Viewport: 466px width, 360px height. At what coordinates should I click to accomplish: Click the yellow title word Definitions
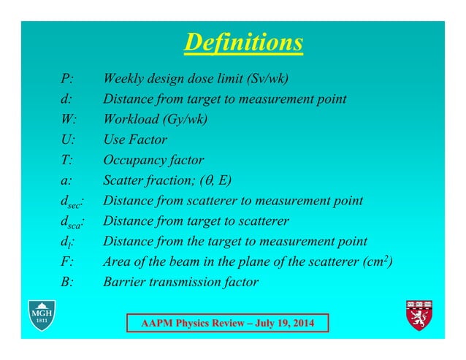[x=243, y=42]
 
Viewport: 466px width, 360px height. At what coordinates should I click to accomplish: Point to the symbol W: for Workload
[x=68, y=120]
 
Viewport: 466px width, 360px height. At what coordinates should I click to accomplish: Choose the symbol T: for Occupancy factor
[x=66, y=160]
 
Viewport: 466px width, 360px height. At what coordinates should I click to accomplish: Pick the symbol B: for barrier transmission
[x=66, y=282]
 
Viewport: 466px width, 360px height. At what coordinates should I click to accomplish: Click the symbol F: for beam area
[x=66, y=261]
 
